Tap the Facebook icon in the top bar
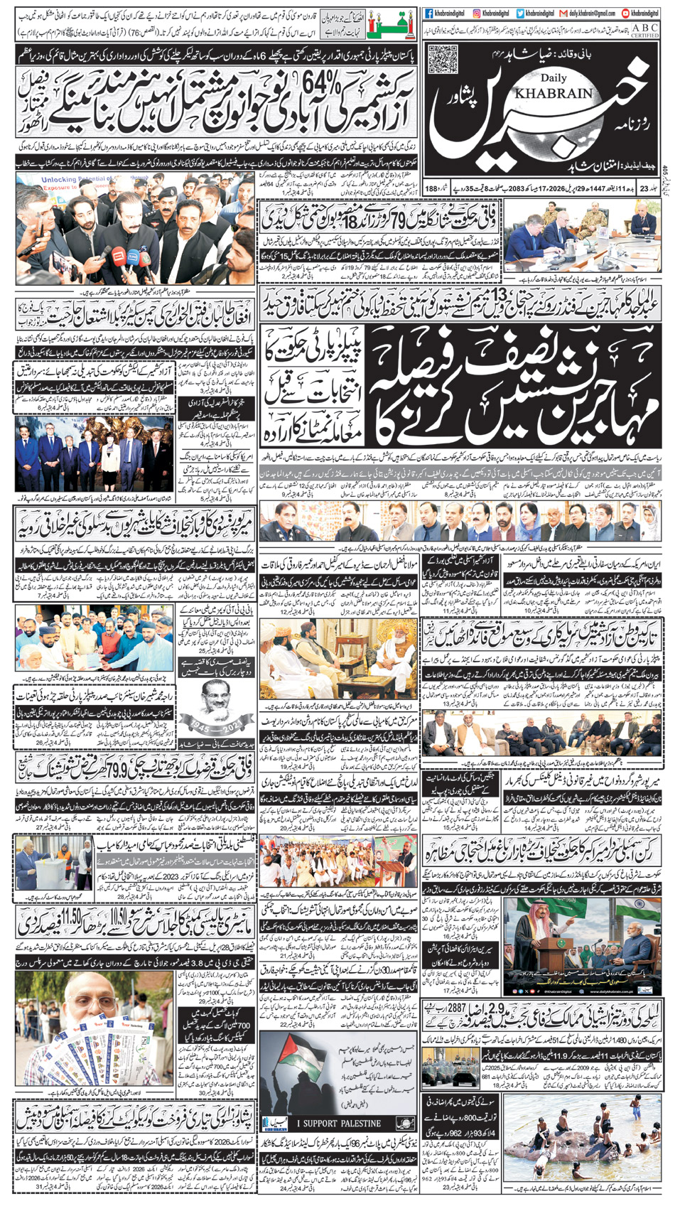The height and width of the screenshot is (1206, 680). [429, 13]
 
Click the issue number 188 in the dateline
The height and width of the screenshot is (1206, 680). [431, 188]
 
